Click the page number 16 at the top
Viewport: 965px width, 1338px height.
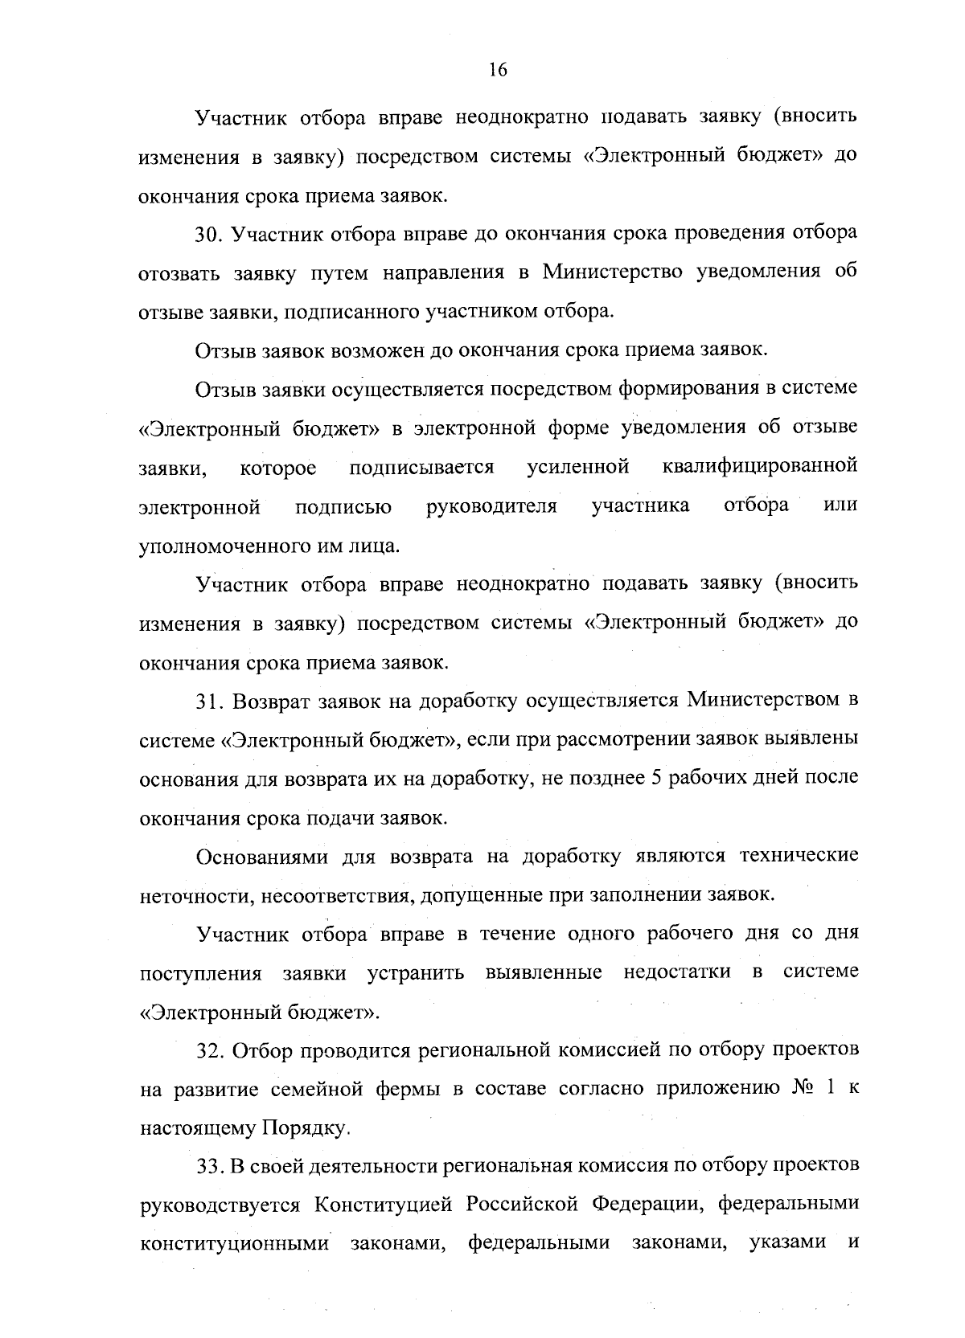pyautogui.click(x=498, y=70)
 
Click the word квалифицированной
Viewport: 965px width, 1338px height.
pyautogui.click(x=761, y=466)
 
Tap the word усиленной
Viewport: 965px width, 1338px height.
pyautogui.click(x=577, y=466)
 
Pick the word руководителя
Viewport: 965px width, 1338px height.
pyautogui.click(x=491, y=506)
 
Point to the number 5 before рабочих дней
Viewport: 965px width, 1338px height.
pyautogui.click(x=642, y=778)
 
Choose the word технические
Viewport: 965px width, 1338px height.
pyautogui.click(x=799, y=856)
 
